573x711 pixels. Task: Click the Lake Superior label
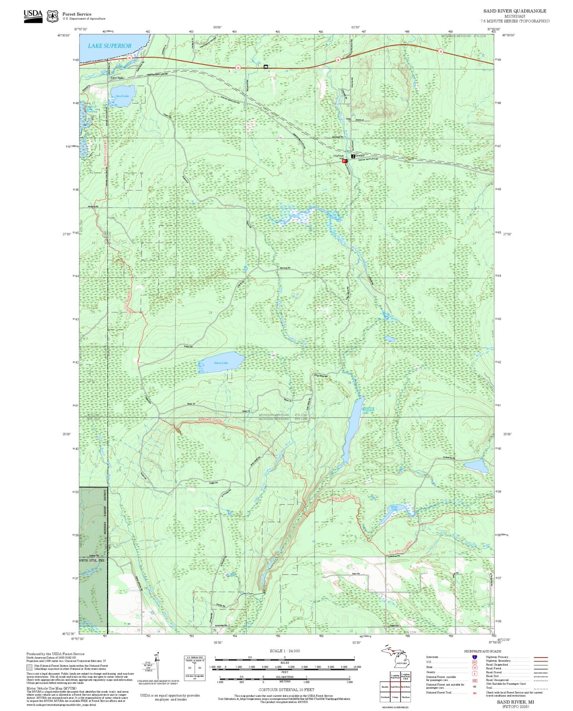[109, 46]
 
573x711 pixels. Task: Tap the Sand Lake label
[122, 96]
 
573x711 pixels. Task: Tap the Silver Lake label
[394, 507]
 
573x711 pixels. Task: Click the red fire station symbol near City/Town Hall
[345, 161]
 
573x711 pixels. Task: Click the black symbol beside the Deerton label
[353, 156]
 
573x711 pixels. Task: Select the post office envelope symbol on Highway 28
[265, 67]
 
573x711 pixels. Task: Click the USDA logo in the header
[33, 16]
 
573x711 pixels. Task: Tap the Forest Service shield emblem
[52, 16]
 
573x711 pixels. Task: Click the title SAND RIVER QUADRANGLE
[514, 11]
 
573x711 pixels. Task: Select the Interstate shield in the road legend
[474, 657]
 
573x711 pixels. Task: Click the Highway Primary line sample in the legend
[540, 657]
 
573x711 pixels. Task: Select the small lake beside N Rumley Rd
[476, 465]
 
